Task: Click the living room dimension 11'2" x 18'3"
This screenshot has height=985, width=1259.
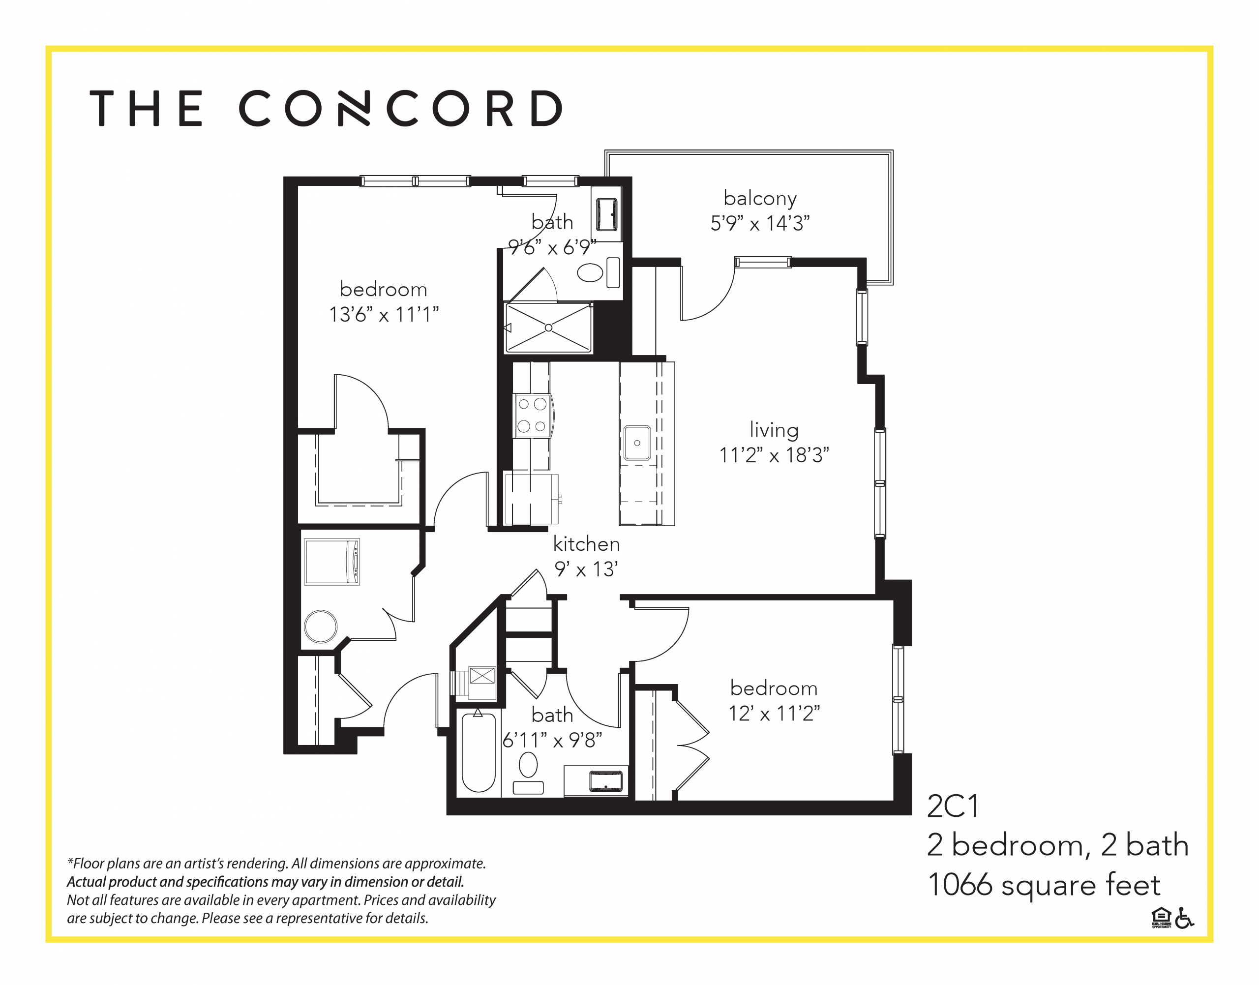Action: coord(774,455)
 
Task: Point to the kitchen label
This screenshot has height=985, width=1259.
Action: coord(586,543)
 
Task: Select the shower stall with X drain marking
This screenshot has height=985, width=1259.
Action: coord(548,328)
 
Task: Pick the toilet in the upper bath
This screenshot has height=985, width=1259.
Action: coord(590,272)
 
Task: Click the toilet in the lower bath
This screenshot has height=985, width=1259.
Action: coord(528,766)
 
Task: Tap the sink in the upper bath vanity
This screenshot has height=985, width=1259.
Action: coord(606,214)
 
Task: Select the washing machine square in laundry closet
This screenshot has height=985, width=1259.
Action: coord(331,562)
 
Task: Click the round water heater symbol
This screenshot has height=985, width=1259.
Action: coord(320,627)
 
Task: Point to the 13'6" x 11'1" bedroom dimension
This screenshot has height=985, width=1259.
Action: coord(384,314)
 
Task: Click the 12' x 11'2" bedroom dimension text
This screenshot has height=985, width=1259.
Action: coord(774,714)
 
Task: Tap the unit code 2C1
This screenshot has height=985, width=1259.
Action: coord(952,806)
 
